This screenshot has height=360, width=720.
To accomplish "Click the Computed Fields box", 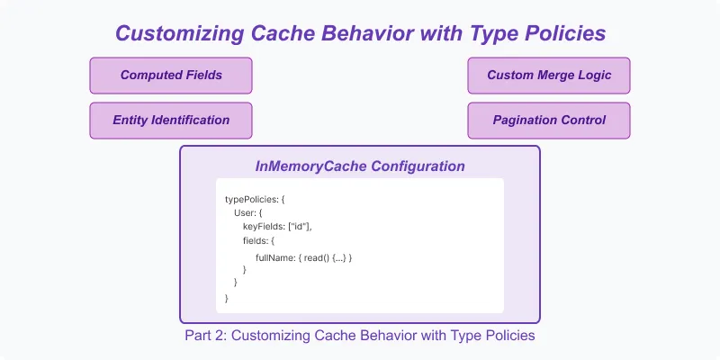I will point(170,76).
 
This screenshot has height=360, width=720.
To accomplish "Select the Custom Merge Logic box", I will point(548,76).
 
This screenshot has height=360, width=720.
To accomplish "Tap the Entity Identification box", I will point(170,120).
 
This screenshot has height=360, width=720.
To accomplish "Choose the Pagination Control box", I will point(548,120).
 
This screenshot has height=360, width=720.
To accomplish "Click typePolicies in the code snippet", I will point(252,199).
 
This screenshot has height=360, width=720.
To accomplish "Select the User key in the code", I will point(245,213).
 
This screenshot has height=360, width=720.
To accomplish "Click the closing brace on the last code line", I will point(227,297).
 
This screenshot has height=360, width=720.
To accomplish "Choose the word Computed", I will point(147,76).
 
